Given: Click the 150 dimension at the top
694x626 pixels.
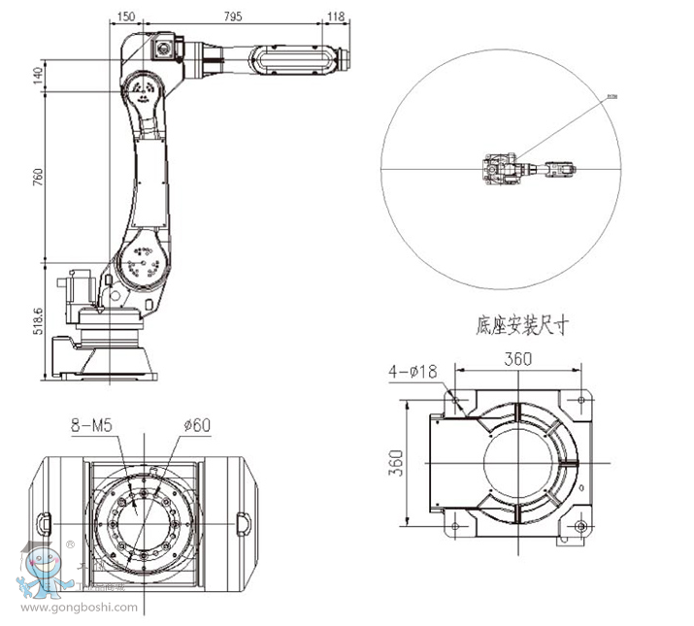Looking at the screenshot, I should [x=125, y=16].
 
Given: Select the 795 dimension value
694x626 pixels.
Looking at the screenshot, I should [x=233, y=16].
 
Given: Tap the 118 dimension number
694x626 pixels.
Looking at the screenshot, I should [x=336, y=16].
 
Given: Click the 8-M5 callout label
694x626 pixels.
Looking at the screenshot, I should [x=90, y=423].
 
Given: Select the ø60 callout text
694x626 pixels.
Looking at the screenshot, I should [x=197, y=423].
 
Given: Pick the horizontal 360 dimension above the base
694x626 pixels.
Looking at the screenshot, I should [x=517, y=359].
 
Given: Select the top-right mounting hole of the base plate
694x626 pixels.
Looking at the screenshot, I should [x=580, y=399].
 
